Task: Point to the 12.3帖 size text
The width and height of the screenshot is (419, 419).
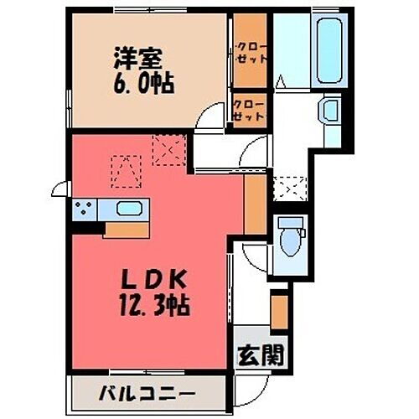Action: [x=154, y=303]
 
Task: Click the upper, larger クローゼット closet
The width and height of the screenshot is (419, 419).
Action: [x=249, y=54]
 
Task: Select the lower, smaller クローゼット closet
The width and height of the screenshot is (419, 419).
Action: [x=249, y=110]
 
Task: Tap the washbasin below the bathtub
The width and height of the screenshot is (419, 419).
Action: [x=329, y=110]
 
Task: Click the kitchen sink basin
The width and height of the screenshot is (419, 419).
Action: [x=128, y=209]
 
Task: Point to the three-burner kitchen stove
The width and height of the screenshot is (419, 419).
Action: [x=84, y=209]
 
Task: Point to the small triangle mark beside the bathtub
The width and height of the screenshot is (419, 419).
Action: [x=283, y=82]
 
